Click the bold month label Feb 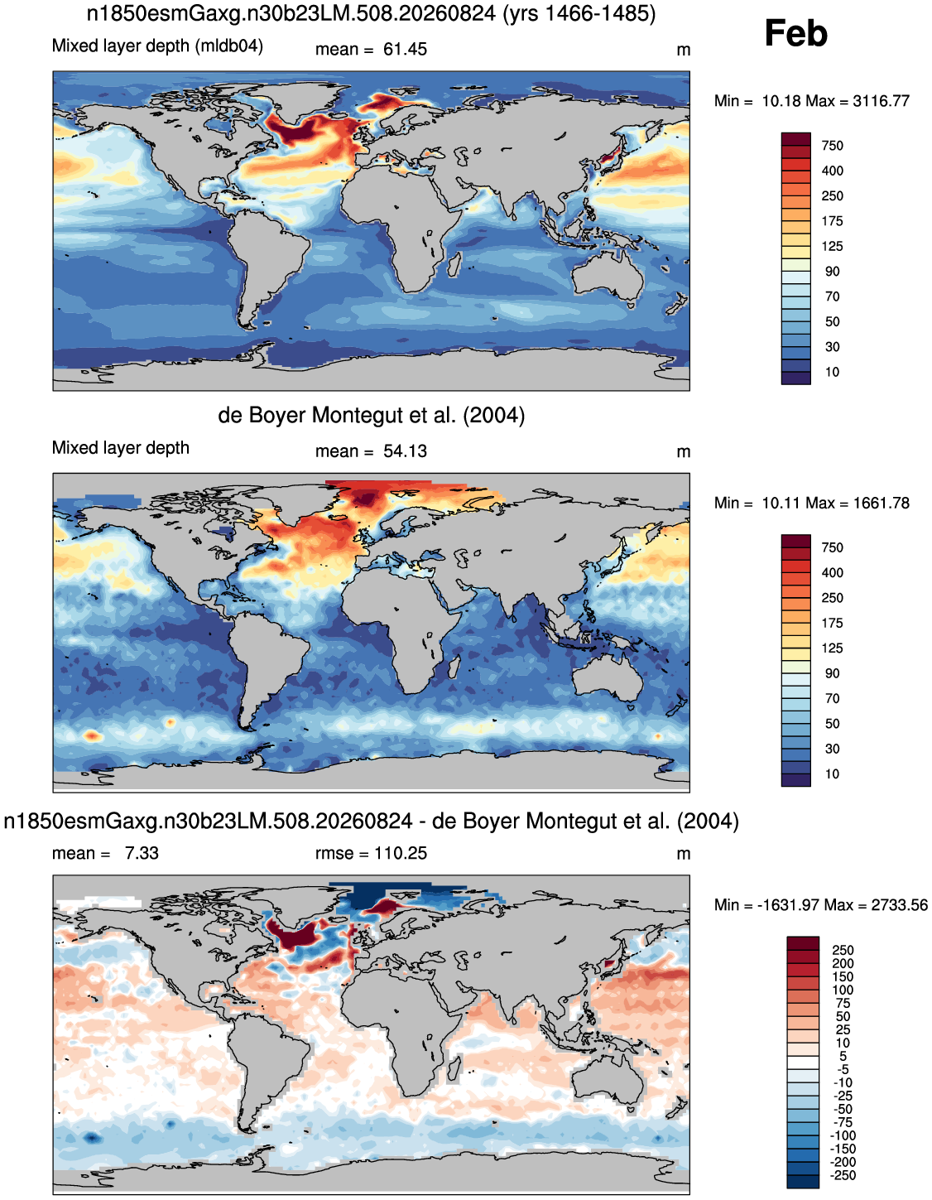(x=795, y=33)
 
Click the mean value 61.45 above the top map (x=405, y=49)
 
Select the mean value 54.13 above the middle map (x=405, y=451)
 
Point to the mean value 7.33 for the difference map (x=142, y=853)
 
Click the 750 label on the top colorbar (x=832, y=146)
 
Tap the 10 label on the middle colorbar (x=832, y=774)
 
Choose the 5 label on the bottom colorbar (x=843, y=1057)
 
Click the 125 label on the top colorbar (x=832, y=246)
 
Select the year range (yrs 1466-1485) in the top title (x=579, y=13)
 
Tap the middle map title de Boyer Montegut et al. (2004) (x=372, y=415)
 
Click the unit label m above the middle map (x=683, y=451)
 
